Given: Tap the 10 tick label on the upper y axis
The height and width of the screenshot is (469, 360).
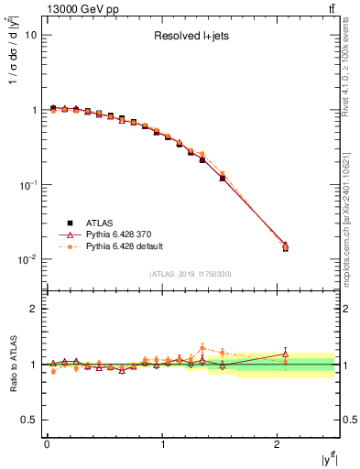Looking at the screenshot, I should coord(31,35).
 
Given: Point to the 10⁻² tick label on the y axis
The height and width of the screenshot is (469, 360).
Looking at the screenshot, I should coord(28,259).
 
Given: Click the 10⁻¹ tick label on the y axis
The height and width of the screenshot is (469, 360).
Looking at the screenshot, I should coord(28,184).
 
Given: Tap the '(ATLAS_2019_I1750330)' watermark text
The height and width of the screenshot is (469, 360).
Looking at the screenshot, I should coord(191,274).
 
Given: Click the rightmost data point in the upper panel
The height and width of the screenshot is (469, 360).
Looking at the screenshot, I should coord(285,246).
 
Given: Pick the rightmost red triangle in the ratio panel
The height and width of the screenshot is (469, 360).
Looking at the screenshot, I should coord(285,354).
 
